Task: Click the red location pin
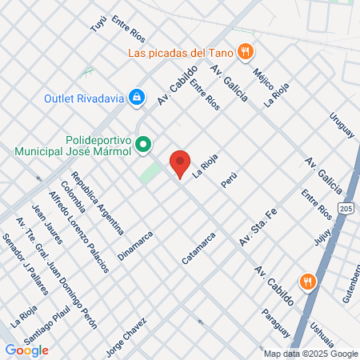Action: pos(180,162)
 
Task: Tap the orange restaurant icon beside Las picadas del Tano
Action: pos(247,52)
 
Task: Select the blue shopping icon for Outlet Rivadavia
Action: pos(137,97)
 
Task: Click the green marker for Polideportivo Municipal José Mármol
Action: pos(143,145)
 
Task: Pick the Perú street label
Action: pos(230,179)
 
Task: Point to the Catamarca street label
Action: pos(199,248)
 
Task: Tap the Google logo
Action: pos(26,350)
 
